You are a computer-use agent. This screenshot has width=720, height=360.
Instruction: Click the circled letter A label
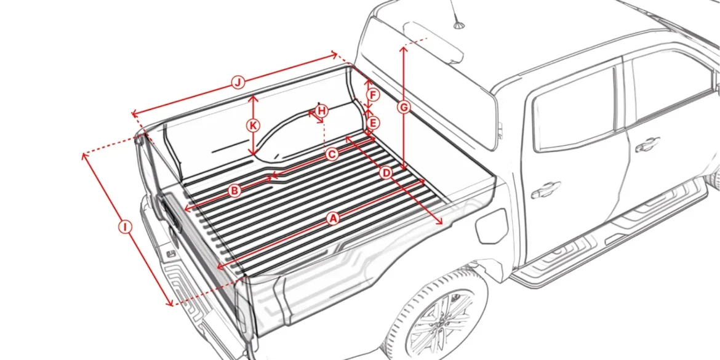pos(332,218)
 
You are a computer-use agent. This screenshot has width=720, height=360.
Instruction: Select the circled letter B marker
pos(234,191)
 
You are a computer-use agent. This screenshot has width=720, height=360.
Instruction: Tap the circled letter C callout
pos(332,154)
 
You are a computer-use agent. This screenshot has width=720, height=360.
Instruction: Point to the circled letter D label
pos(386,173)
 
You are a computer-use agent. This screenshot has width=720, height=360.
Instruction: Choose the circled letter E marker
pos(374,122)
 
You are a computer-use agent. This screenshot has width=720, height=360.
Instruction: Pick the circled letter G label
pos(404,108)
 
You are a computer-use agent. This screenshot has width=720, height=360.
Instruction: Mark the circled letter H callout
pos(321,111)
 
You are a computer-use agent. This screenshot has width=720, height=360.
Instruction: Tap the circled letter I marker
pos(125,227)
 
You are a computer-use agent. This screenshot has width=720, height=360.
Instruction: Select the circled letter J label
pos(238,82)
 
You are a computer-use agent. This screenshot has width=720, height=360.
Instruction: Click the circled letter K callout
pos(253,126)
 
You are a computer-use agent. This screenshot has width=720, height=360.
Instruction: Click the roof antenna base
pos(458,25)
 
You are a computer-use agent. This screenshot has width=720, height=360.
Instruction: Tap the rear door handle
pos(545,190)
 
